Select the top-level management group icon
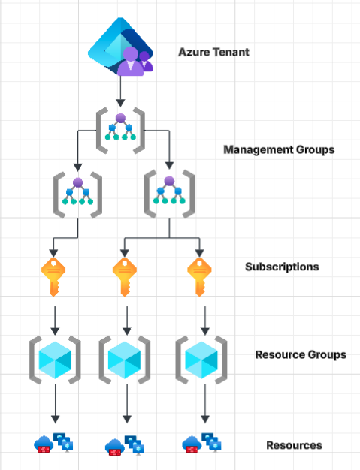pos(120,128)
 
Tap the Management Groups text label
pos(279,149)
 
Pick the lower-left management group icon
pos(77,194)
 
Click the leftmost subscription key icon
pos(55,275)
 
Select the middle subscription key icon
pos(124,275)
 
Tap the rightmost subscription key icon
pos(199,275)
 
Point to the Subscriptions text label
pos(282,267)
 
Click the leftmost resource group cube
pos(54,360)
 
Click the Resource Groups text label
pos(301,354)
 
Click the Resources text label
pos(294,445)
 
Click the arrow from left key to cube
pos(55,319)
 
